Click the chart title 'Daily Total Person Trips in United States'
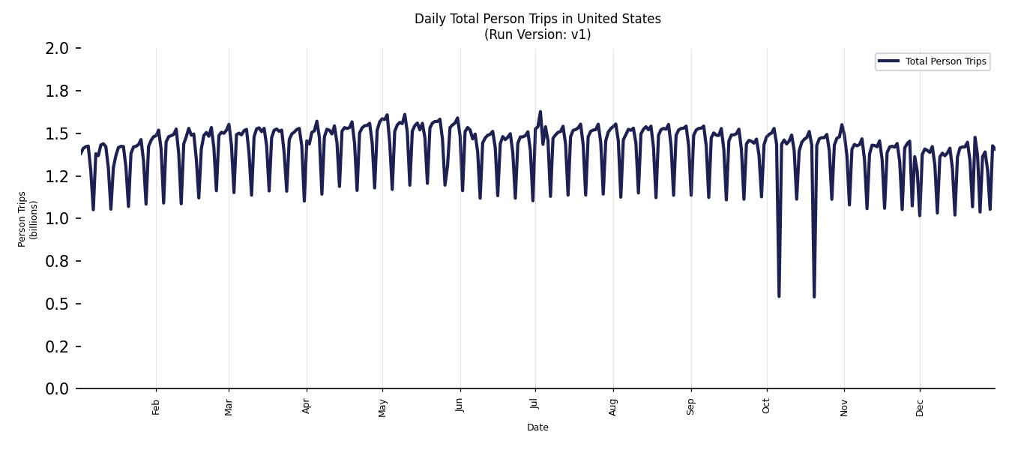tap(537, 19)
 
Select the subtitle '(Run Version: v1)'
tap(537, 34)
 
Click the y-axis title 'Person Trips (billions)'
tap(28, 218)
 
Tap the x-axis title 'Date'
tap(537, 427)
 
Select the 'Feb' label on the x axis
tap(156, 406)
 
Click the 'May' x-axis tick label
tap(382, 407)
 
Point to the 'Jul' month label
tap(534, 406)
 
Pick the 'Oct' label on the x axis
tap(766, 406)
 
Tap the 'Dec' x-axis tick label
tap(920, 406)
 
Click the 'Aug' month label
tap(613, 406)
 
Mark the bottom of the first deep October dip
tap(779, 295)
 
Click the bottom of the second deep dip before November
tap(814, 296)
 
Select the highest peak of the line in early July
tap(540, 112)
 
